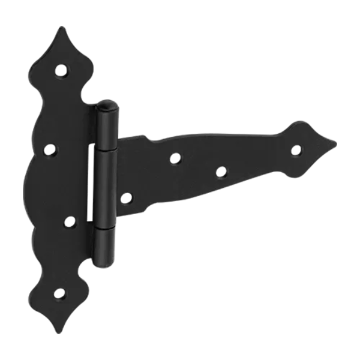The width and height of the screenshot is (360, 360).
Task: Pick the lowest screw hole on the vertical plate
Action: click(58, 294)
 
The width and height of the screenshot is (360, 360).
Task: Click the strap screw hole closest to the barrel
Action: click(127, 196)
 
